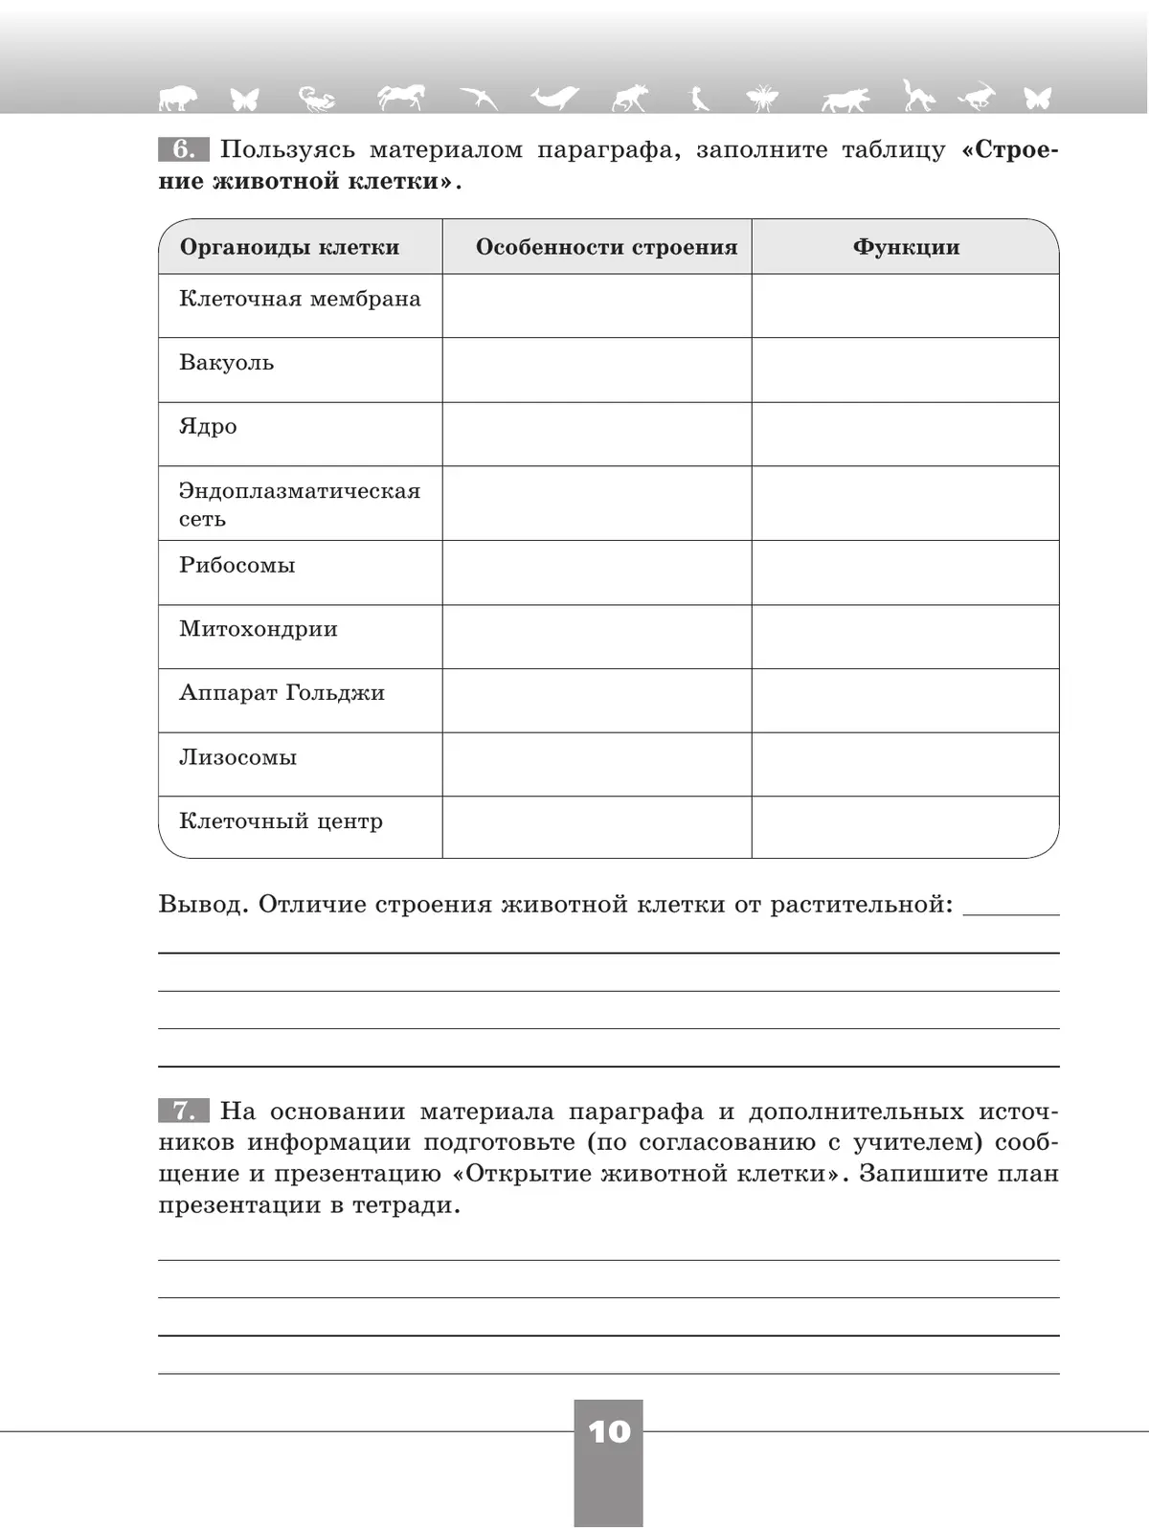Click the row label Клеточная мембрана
(300, 299)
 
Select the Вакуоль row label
(227, 363)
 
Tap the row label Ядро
(208, 427)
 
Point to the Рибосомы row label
(237, 565)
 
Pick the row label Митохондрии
(259, 629)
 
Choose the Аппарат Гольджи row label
(282, 693)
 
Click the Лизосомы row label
(238, 757)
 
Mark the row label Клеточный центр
(281, 821)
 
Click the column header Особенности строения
(606, 247)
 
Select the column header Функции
(906, 247)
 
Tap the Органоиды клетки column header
(289, 247)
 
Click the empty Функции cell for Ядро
(905, 434)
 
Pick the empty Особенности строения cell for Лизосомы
(597, 764)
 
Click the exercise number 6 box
(183, 149)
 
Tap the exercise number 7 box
(183, 1111)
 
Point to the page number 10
(609, 1432)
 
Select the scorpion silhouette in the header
(317, 97)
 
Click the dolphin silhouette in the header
(554, 97)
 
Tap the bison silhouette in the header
(175, 97)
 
